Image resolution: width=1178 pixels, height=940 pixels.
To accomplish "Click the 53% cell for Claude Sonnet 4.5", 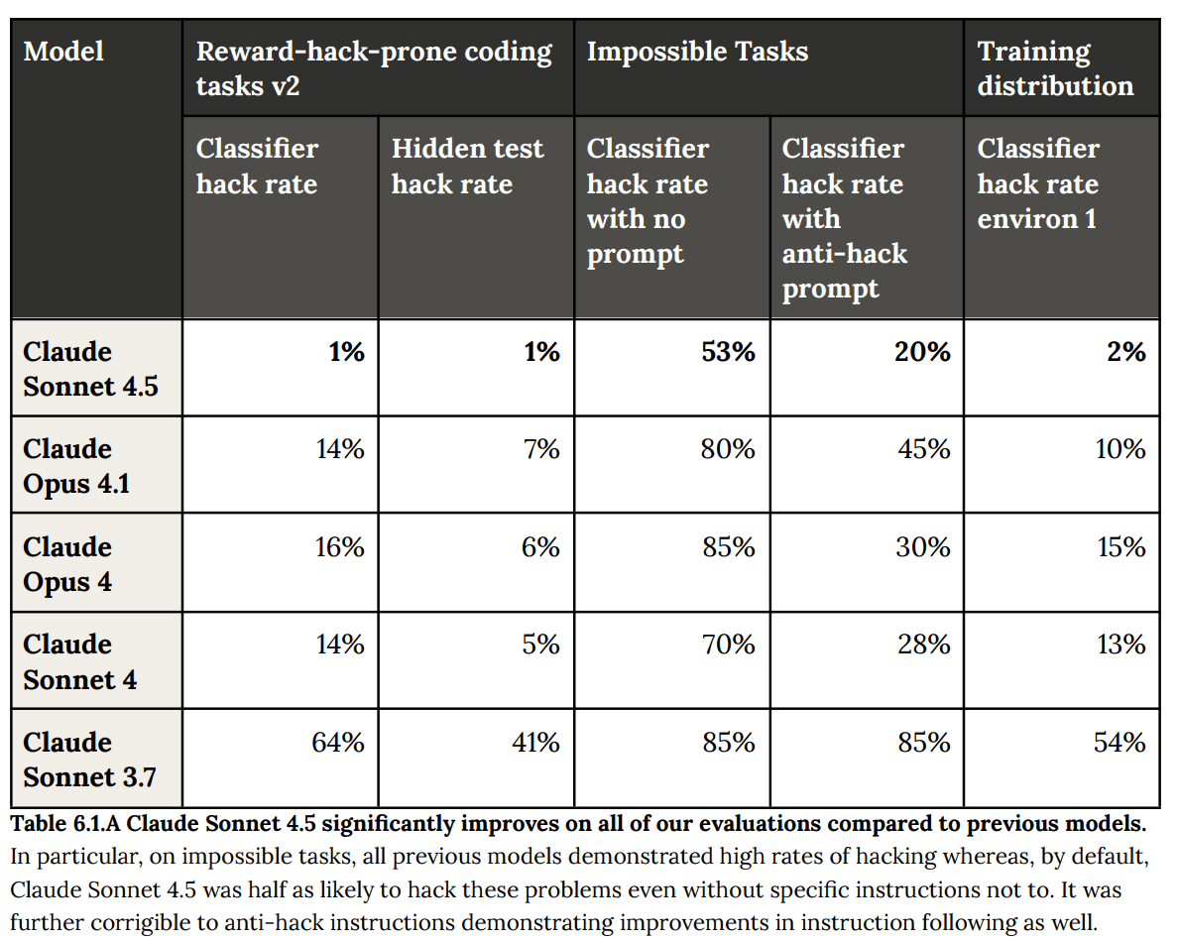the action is pyautogui.click(x=728, y=352).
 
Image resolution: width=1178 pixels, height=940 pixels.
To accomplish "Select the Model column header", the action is pyautogui.click(x=63, y=52).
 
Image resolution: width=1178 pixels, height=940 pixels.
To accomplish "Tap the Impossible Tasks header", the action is pyautogui.click(x=697, y=52).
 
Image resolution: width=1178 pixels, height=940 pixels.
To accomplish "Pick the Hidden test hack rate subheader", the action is pyautogui.click(x=467, y=166).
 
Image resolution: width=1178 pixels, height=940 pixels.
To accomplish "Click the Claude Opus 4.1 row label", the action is pyautogui.click(x=76, y=466).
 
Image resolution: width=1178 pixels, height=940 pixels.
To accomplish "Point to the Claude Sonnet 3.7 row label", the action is pyautogui.click(x=89, y=759).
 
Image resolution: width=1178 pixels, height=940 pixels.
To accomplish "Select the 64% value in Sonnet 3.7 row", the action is pyautogui.click(x=338, y=743).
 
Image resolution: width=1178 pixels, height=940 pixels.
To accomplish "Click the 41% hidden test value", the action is pyautogui.click(x=535, y=743).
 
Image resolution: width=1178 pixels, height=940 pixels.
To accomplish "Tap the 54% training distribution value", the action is pyautogui.click(x=1119, y=743).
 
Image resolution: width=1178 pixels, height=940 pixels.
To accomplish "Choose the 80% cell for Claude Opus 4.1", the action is pyautogui.click(x=728, y=449).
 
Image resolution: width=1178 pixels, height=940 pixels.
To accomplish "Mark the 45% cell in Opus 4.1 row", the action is pyautogui.click(x=924, y=449).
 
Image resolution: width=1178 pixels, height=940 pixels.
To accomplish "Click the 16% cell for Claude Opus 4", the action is pyautogui.click(x=339, y=547).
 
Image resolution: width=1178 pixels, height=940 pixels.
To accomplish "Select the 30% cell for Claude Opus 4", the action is pyautogui.click(x=923, y=547).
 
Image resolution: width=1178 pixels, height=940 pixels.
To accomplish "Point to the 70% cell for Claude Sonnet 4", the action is pyautogui.click(x=729, y=644).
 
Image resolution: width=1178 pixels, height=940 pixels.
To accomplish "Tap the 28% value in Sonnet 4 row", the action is pyautogui.click(x=924, y=644).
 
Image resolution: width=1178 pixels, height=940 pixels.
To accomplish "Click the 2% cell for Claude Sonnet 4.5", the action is pyautogui.click(x=1126, y=352).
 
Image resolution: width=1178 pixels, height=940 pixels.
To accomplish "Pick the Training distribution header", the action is pyautogui.click(x=1055, y=68).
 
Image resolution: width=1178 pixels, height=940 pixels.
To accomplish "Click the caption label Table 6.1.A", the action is pyautogui.click(x=65, y=824).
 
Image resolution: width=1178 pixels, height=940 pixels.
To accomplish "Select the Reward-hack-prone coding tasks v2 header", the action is pyautogui.click(x=374, y=68).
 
